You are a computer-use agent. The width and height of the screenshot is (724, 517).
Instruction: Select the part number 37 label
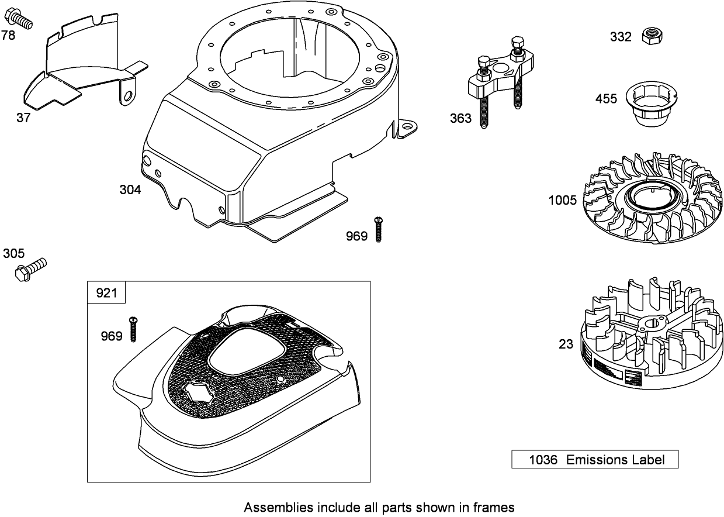point(23,118)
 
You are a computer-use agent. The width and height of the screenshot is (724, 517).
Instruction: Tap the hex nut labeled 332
point(649,36)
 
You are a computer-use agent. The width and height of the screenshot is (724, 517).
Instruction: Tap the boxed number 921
point(106,292)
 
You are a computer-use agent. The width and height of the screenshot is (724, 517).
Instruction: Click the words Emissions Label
point(615,460)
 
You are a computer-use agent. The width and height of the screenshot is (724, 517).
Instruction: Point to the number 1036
point(542,460)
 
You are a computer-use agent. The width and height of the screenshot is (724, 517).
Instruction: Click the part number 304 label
point(130,190)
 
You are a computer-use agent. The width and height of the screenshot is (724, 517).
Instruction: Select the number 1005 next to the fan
point(562,201)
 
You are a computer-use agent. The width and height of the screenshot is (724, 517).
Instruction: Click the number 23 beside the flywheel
point(566,344)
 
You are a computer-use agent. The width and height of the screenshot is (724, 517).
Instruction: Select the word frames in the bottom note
point(495,507)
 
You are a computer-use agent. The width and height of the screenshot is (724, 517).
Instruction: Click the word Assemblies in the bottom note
point(273,507)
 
